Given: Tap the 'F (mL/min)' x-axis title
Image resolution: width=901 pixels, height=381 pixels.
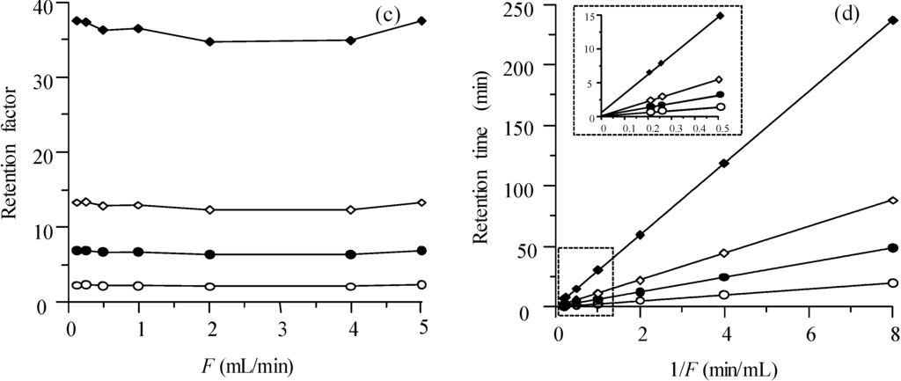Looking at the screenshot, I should (246, 361).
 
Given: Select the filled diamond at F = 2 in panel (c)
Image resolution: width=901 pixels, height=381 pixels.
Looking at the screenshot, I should (209, 41).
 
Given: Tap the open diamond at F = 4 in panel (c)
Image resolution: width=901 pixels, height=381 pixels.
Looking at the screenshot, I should (351, 209).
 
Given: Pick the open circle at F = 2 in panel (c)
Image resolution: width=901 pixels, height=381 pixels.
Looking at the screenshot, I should (209, 286).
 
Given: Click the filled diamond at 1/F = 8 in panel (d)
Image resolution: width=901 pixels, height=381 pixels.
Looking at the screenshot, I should (893, 19).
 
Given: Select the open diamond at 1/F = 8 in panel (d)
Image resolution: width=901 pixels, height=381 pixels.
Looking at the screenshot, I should (893, 201).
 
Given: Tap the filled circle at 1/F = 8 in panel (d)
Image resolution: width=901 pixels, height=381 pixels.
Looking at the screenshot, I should (893, 248).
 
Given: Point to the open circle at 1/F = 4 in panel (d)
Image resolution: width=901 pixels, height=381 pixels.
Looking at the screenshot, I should (724, 295).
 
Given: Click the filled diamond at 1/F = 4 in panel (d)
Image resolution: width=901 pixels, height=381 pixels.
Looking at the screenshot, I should (724, 163).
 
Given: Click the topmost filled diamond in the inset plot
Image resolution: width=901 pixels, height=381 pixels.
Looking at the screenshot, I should (720, 16).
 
